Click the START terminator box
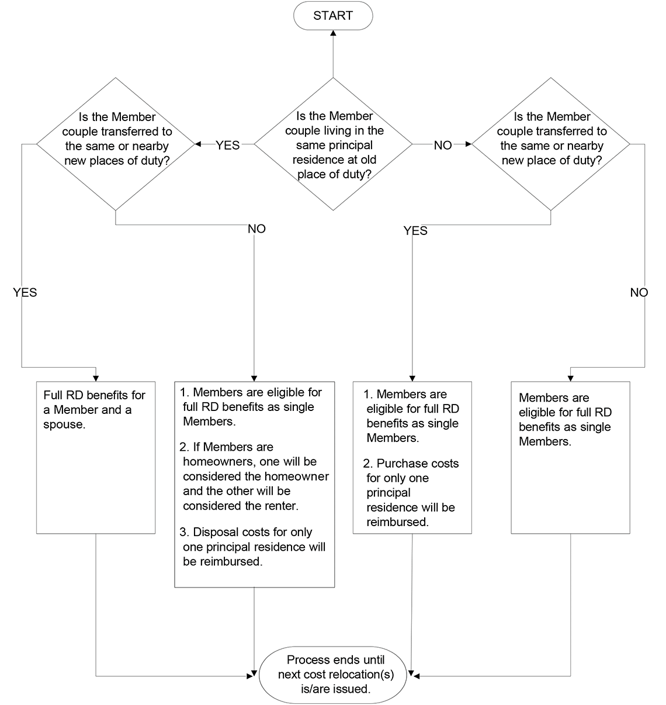(x=333, y=16)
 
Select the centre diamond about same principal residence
(x=334, y=144)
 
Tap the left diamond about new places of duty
(x=116, y=144)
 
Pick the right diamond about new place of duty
(x=551, y=144)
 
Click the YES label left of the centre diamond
(x=227, y=145)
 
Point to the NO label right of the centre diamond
(x=442, y=145)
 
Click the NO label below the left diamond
(x=256, y=229)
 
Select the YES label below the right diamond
(x=415, y=231)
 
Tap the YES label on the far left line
(x=25, y=292)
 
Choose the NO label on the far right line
(x=639, y=292)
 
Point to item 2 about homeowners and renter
(x=255, y=476)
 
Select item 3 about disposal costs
(x=252, y=547)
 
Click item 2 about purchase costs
(x=411, y=492)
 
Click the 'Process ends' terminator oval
(x=333, y=674)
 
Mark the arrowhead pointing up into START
(x=333, y=34)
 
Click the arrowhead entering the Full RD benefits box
(x=96, y=378)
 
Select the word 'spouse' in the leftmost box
(x=64, y=424)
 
